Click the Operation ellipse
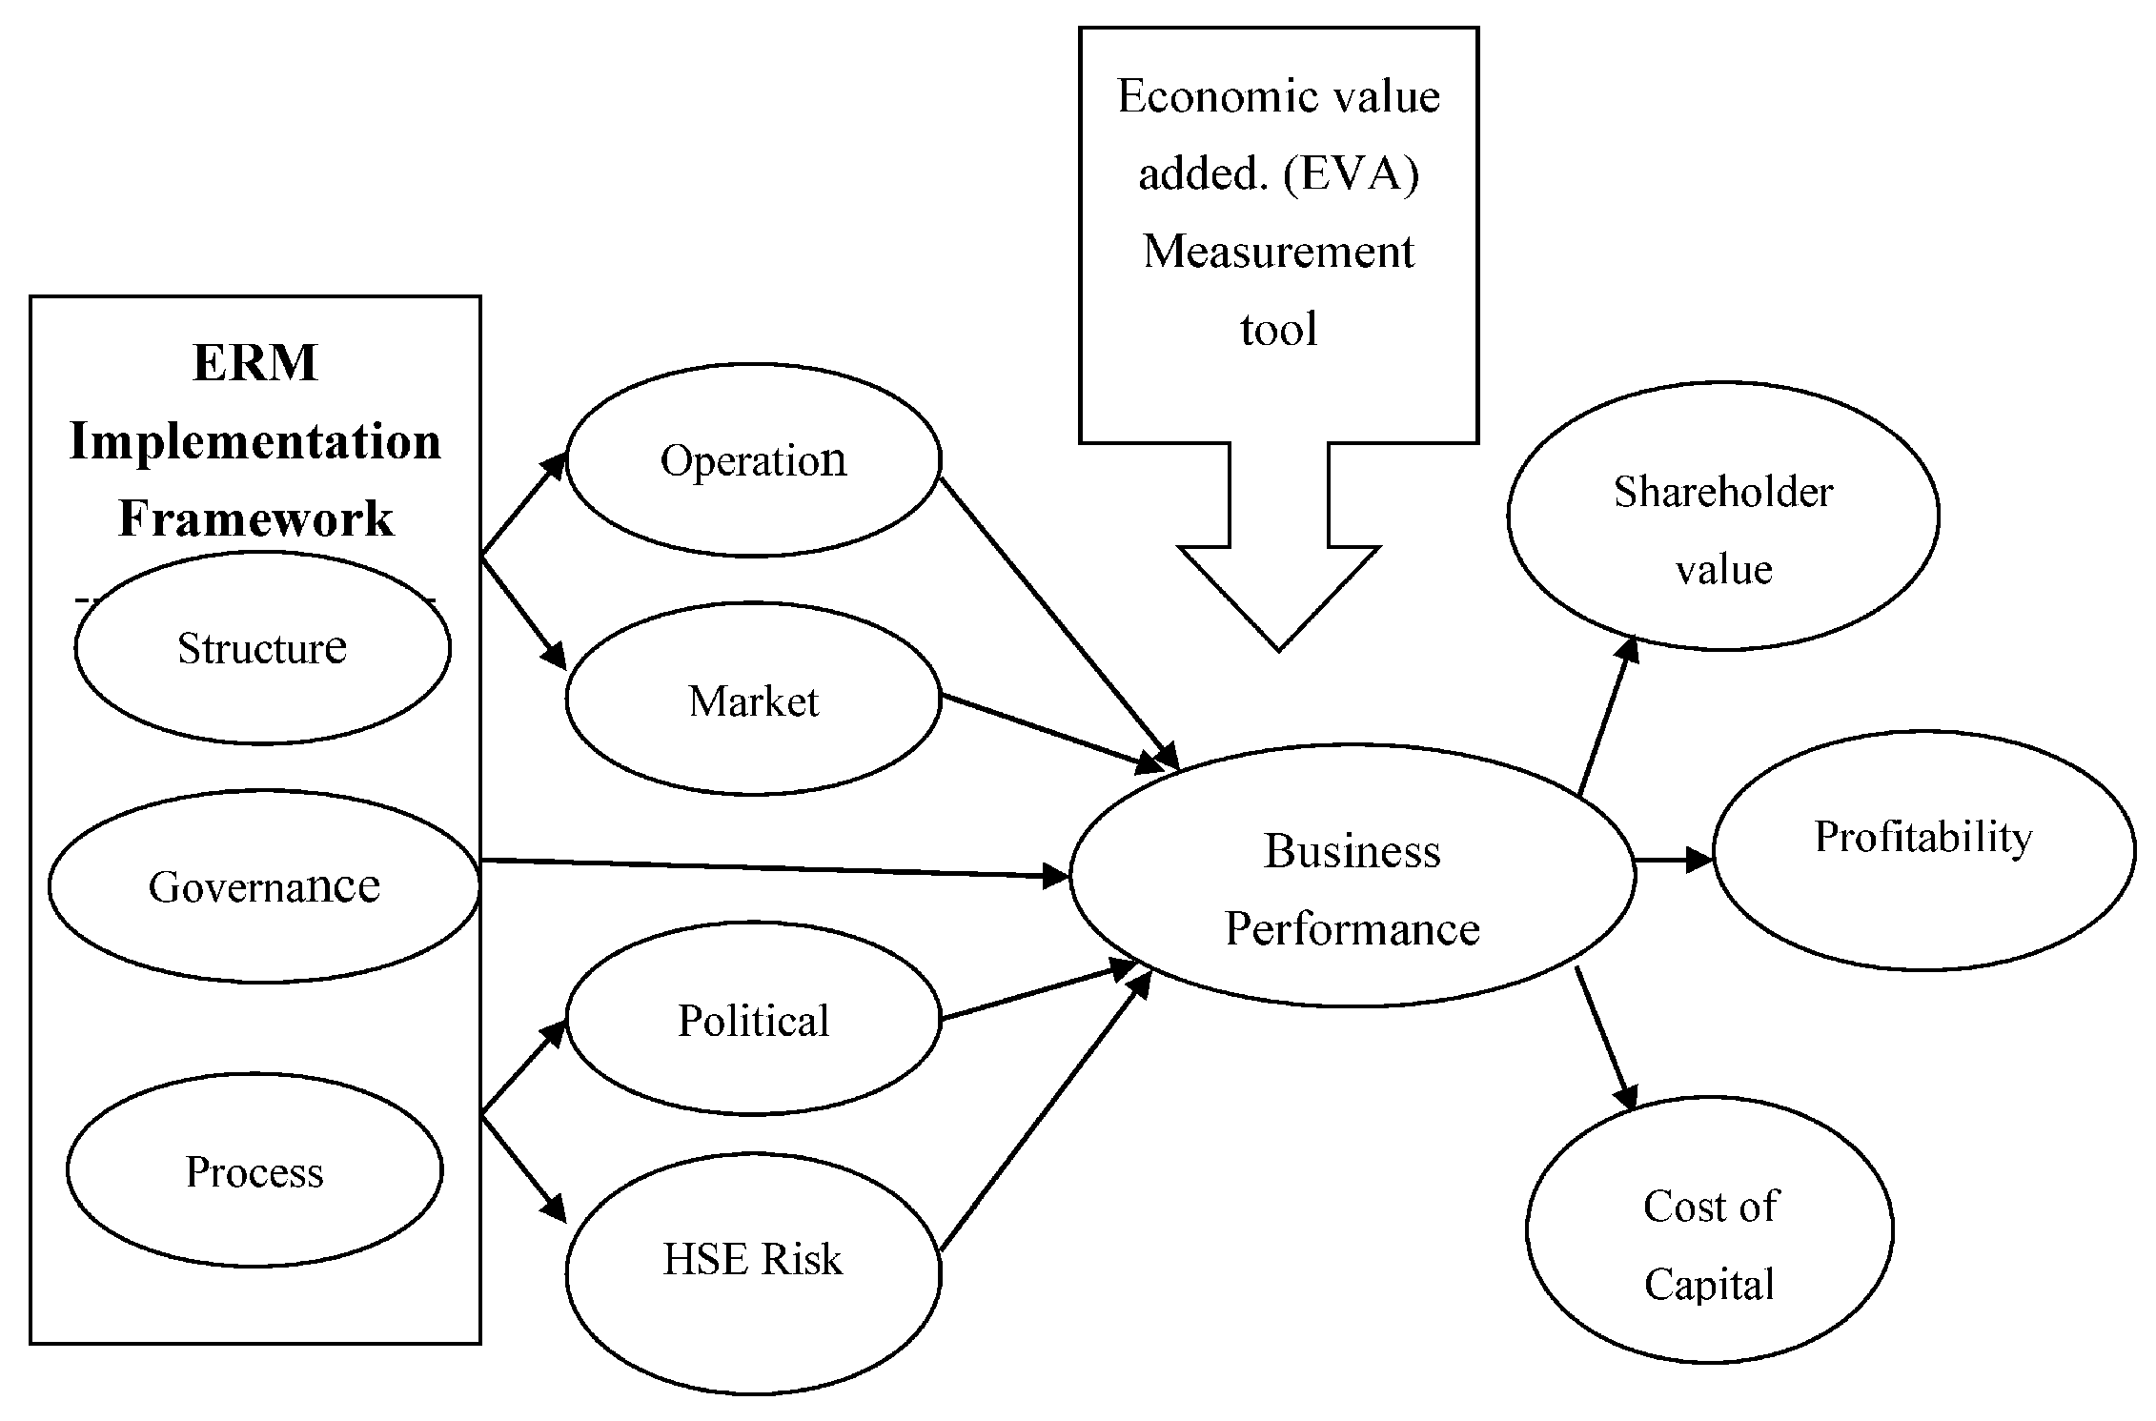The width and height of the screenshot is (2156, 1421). point(753,460)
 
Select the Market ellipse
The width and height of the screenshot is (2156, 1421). point(753,700)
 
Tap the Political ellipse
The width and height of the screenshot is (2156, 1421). point(753,1020)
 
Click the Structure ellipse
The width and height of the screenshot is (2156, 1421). point(262,648)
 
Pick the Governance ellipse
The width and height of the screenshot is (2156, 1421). point(264,886)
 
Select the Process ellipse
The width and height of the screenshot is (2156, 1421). point(254,1171)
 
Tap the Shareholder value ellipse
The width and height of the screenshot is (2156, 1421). point(1722,529)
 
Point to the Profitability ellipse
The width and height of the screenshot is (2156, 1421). point(1923,839)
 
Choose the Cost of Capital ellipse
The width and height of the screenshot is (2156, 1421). point(1709,1244)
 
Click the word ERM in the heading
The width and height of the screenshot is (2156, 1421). point(255,363)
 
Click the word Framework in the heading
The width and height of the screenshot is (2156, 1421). point(255,519)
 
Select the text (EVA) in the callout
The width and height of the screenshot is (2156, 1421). point(1351,174)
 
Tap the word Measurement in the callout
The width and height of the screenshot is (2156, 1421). point(1278,253)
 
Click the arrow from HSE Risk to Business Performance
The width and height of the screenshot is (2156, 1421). point(1044,1115)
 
